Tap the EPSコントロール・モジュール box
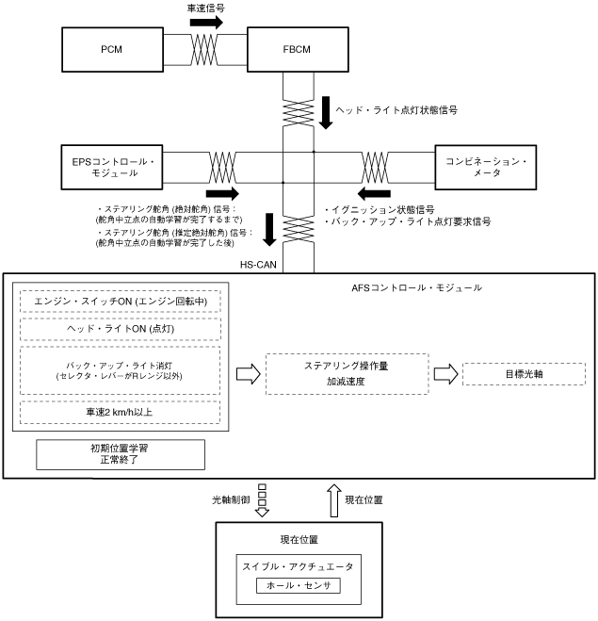click(122, 166)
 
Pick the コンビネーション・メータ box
click(485, 166)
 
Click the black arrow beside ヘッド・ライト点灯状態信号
click(326, 110)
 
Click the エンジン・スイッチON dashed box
click(119, 301)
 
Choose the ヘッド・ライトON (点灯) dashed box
click(119, 329)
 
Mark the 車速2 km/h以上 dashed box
click(119, 411)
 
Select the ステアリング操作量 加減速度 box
click(346, 374)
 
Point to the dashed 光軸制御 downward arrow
click(263, 499)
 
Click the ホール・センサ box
click(298, 585)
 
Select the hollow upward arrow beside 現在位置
click(331, 499)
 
